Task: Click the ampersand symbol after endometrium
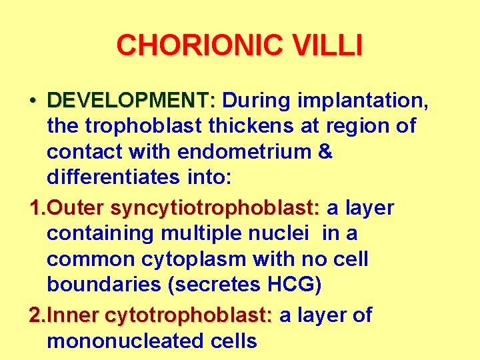click(x=325, y=152)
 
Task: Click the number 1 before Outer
click(x=35, y=208)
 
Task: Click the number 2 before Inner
click(x=35, y=315)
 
